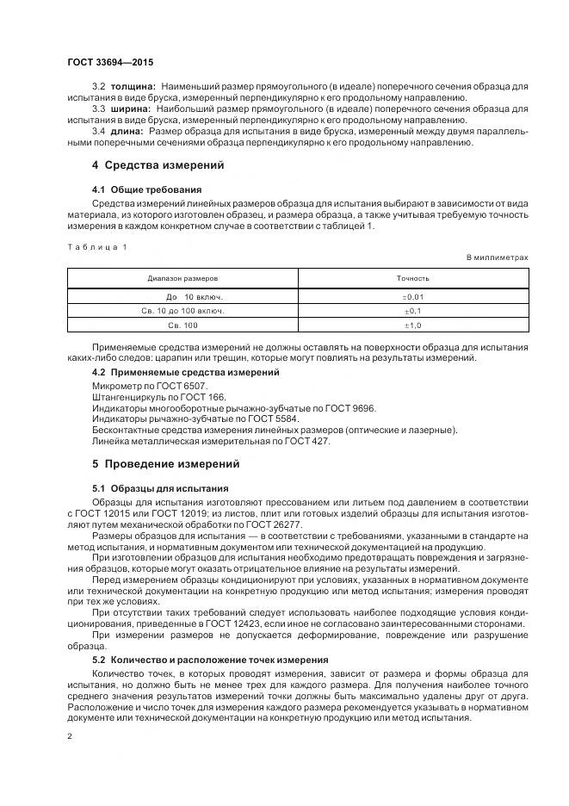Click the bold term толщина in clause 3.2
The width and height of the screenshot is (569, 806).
pos(132,88)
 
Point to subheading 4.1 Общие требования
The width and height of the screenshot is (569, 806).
pos(146,189)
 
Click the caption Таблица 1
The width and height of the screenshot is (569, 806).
pos(96,247)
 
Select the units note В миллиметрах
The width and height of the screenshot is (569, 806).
pos(497,257)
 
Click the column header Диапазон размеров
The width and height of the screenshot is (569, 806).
pos(182,279)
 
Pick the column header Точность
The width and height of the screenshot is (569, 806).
pos(412,279)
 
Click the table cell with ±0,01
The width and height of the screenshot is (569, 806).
pos(413,296)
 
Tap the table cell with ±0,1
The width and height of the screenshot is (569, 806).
pos(413,311)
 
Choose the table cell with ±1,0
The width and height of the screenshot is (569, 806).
pos(413,325)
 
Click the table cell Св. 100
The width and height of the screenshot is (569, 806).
pos(182,325)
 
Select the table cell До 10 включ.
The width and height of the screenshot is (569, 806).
pos(182,296)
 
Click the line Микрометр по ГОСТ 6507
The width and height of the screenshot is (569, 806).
pos(149,387)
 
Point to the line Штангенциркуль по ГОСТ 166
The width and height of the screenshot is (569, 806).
pos(158,398)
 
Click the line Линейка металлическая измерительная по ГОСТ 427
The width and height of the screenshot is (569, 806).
pos(210,442)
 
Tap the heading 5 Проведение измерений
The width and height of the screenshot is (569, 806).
pos(165,464)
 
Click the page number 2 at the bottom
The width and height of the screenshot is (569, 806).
pos(70,736)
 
